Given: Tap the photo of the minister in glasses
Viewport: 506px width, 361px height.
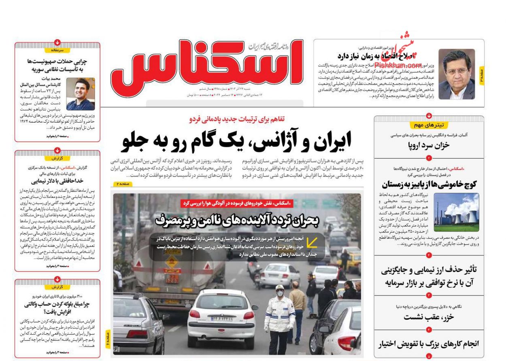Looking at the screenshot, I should pyautogui.click(x=456, y=74).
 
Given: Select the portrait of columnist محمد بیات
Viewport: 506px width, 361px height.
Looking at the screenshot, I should pyautogui.click(x=80, y=94).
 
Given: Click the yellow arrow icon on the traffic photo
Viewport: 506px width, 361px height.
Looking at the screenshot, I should pyautogui.click(x=312, y=242).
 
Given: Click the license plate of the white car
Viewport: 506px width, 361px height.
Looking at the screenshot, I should pyautogui.click(x=221, y=319).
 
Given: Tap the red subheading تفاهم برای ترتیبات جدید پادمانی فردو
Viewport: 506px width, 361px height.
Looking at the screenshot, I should pyautogui.click(x=236, y=119).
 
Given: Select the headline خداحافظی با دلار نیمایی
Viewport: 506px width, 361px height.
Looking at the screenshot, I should pyautogui.click(x=57, y=181).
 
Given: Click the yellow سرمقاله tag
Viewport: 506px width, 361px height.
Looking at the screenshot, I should pyautogui.click(x=57, y=51).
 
